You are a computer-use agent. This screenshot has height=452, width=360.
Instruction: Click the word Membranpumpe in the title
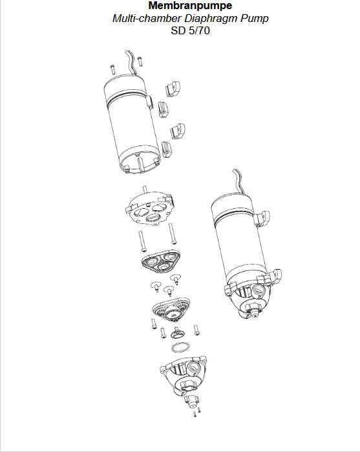click(x=190, y=6)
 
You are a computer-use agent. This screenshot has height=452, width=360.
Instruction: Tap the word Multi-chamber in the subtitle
click(x=147, y=18)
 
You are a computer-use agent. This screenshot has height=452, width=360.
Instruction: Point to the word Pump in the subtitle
click(x=255, y=19)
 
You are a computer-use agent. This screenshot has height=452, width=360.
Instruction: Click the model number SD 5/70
click(x=190, y=30)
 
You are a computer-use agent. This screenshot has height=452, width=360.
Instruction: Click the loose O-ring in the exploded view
click(x=181, y=348)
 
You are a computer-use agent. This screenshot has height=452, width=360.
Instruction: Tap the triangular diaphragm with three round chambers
click(x=161, y=260)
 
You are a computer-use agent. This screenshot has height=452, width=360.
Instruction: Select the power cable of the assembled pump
click(x=238, y=181)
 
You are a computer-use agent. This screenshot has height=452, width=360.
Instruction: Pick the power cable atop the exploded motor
click(x=132, y=63)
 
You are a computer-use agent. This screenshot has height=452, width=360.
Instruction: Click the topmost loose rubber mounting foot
click(x=173, y=89)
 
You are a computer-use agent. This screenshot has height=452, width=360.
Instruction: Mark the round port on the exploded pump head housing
click(x=193, y=367)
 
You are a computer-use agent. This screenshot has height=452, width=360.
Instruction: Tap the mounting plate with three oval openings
click(x=150, y=210)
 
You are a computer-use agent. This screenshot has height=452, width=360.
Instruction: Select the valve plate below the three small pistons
click(x=171, y=308)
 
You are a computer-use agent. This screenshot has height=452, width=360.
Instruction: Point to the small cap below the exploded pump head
click(x=192, y=402)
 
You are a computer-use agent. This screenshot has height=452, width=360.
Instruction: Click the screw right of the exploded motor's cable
click(x=140, y=61)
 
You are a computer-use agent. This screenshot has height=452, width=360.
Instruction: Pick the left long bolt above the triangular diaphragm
click(x=142, y=241)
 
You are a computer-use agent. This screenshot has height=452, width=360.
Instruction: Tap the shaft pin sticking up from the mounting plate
click(x=145, y=191)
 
